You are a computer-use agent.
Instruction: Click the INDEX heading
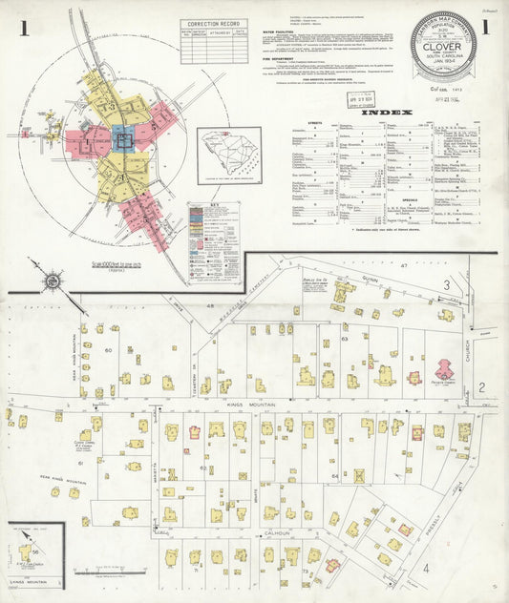[387, 112]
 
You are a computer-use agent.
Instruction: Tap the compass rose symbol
[52, 282]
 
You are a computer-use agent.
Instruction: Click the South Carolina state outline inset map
[228, 155]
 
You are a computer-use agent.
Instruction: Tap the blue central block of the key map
[122, 141]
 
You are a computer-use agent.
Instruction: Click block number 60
[108, 350]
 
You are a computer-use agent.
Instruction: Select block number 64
[334, 475]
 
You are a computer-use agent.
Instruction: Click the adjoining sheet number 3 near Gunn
[445, 285]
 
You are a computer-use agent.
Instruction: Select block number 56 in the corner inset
[36, 552]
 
